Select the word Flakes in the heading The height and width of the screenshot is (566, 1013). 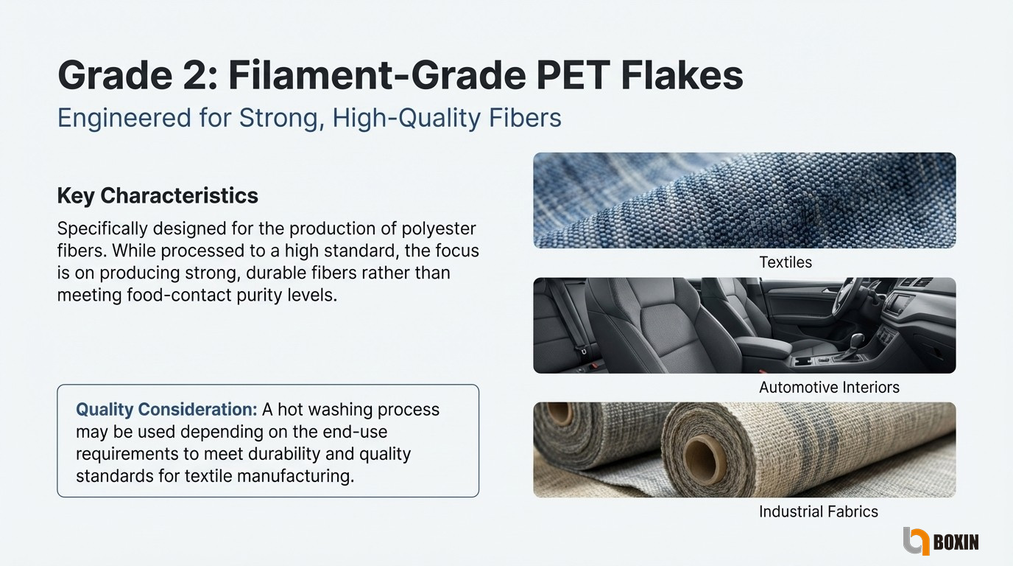(x=682, y=75)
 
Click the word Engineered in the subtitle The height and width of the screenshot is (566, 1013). (x=124, y=119)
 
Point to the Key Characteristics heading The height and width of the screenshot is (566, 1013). (x=158, y=196)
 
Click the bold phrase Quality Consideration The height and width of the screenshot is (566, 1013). (x=166, y=409)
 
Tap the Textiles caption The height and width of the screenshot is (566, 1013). (x=786, y=262)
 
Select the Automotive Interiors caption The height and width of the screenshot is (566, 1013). (x=829, y=387)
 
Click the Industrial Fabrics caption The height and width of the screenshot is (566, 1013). (x=818, y=511)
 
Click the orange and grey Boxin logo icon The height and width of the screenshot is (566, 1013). (x=916, y=541)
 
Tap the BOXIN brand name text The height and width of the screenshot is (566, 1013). (x=956, y=542)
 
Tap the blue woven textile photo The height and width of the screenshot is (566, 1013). (x=744, y=200)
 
